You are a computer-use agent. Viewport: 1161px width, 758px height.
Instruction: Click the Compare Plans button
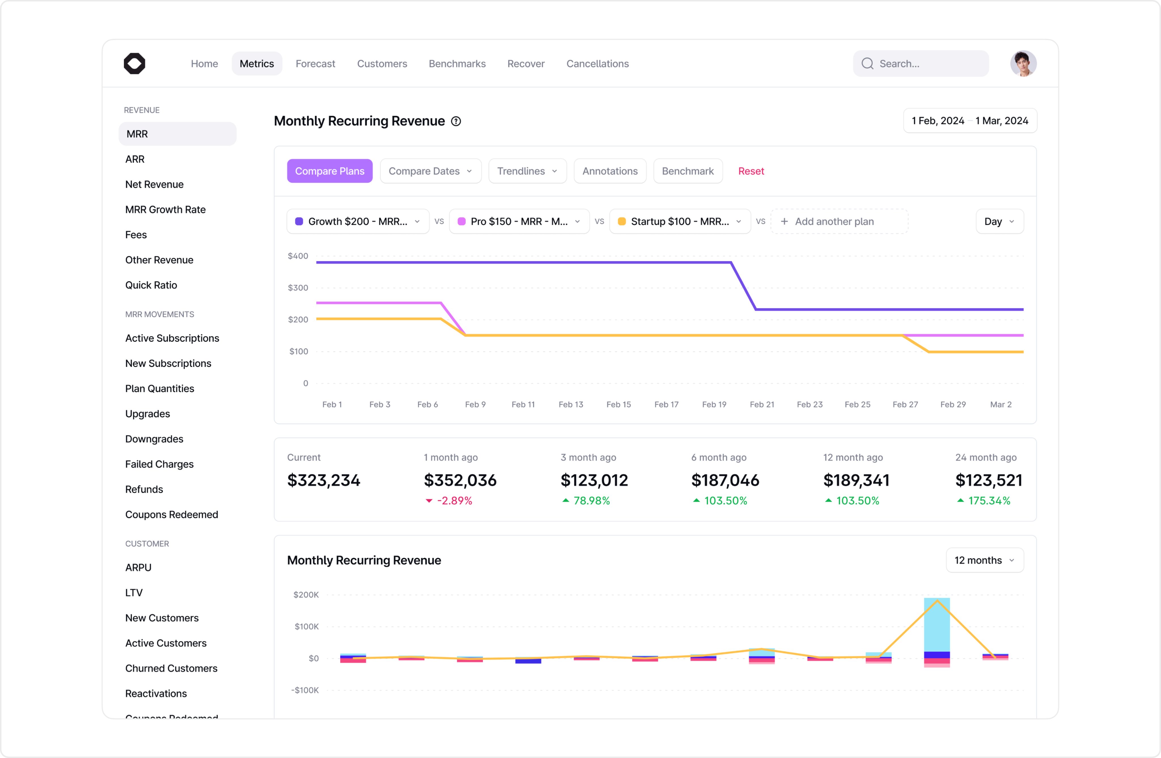[329, 171]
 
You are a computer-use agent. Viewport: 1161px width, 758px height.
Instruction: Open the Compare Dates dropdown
[430, 171]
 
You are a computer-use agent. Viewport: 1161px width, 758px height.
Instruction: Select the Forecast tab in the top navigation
[315, 64]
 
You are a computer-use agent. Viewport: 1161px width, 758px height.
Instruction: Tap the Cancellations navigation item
[597, 64]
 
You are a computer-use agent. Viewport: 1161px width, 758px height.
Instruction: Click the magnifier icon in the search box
[867, 64]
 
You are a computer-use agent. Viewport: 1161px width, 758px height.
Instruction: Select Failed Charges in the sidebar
[159, 464]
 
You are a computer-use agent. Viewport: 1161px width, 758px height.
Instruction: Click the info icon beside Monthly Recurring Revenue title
[455, 122]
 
